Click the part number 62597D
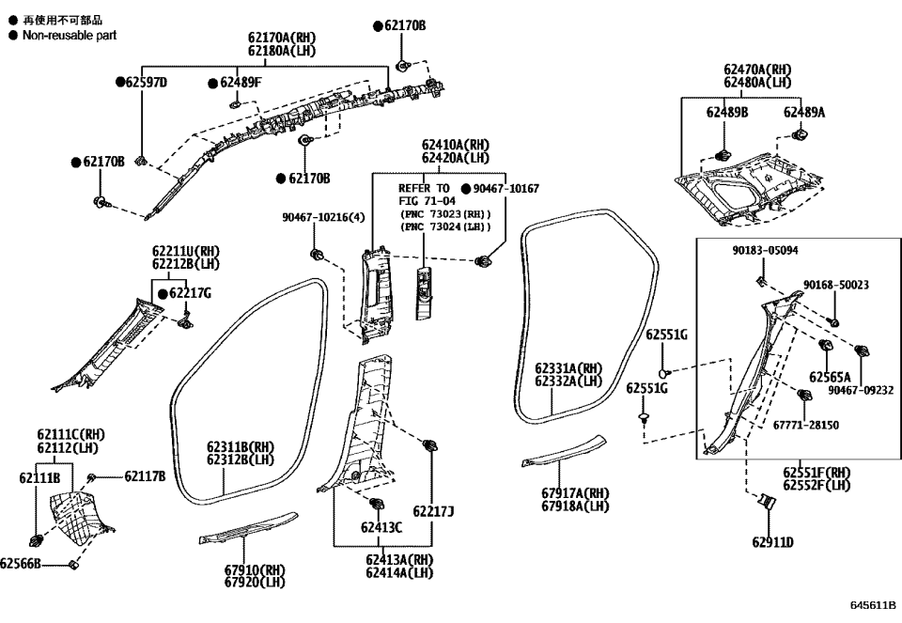(146, 83)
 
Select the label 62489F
(240, 83)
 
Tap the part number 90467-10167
(505, 189)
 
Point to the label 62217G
(189, 294)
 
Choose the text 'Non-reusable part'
(69, 35)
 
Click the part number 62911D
(772, 542)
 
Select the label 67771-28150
(806, 425)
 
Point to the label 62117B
(145, 477)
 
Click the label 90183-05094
(766, 251)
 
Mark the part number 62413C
(381, 527)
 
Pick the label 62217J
(433, 511)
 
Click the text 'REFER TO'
(425, 189)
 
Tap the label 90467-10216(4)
(323, 217)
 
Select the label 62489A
(804, 112)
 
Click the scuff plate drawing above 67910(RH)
(248, 529)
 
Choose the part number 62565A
(829, 377)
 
